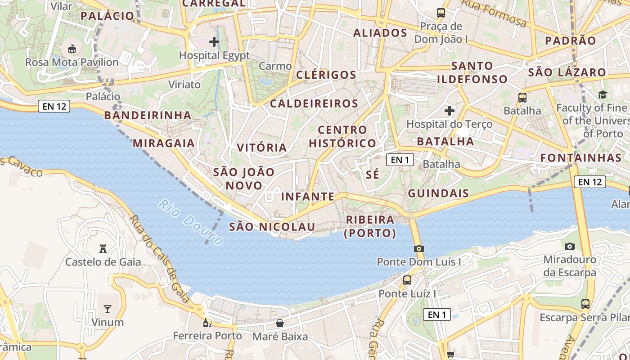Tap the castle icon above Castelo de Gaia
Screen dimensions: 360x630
pyautogui.click(x=103, y=248)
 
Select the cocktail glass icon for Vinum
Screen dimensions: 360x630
pyautogui.click(x=108, y=309)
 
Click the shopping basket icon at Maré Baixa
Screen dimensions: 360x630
pyautogui.click(x=280, y=323)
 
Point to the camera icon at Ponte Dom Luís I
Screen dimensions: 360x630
pyautogui.click(x=419, y=248)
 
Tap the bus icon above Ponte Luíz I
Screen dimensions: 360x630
pyautogui.click(x=407, y=280)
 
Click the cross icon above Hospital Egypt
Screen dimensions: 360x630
pyautogui.click(x=214, y=42)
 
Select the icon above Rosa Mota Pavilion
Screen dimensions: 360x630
pyautogui.click(x=72, y=49)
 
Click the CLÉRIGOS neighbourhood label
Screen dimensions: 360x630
pyautogui.click(x=326, y=75)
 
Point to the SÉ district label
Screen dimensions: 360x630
pyautogui.click(x=373, y=175)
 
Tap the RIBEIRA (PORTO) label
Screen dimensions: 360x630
pyautogui.click(x=370, y=226)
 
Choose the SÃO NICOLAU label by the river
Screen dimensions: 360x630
pyautogui.click(x=272, y=227)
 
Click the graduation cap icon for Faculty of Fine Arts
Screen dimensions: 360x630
pyautogui.click(x=602, y=94)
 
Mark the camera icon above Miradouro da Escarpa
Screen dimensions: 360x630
pyautogui.click(x=570, y=246)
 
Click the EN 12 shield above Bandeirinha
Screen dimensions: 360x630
pyautogui.click(x=54, y=107)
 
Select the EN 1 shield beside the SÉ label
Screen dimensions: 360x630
pyautogui.click(x=400, y=160)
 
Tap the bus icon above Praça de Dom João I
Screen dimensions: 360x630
pyautogui.click(x=441, y=13)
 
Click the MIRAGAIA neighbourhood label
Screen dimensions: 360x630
pyautogui.click(x=163, y=144)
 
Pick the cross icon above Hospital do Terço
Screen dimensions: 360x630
pyautogui.click(x=449, y=110)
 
